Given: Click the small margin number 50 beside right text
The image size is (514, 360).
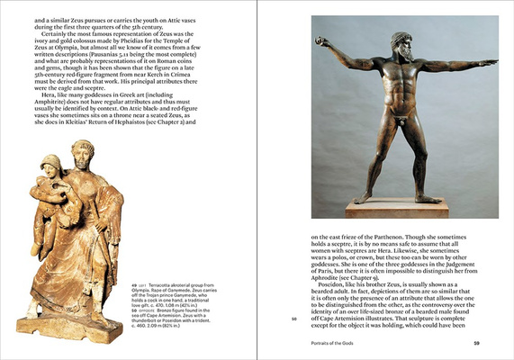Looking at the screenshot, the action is click(293, 317).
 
